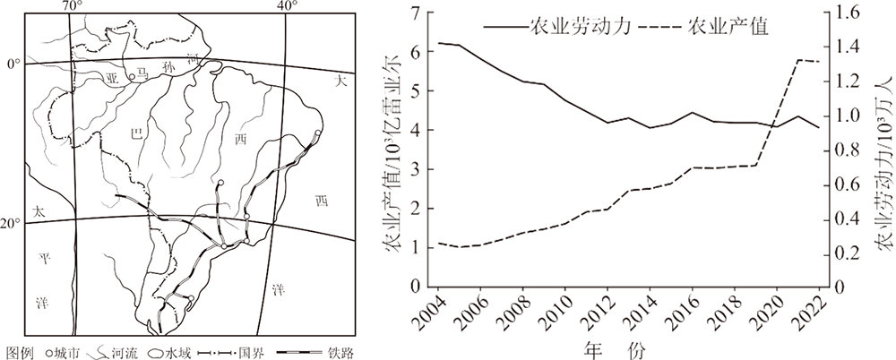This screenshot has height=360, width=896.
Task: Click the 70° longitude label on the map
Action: click(x=71, y=6)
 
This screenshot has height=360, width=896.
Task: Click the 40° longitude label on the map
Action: click(x=288, y=6)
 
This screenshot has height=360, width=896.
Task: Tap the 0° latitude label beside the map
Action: click(x=12, y=64)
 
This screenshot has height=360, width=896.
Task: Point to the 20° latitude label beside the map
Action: click(x=10, y=223)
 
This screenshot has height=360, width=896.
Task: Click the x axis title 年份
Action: click(x=628, y=345)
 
